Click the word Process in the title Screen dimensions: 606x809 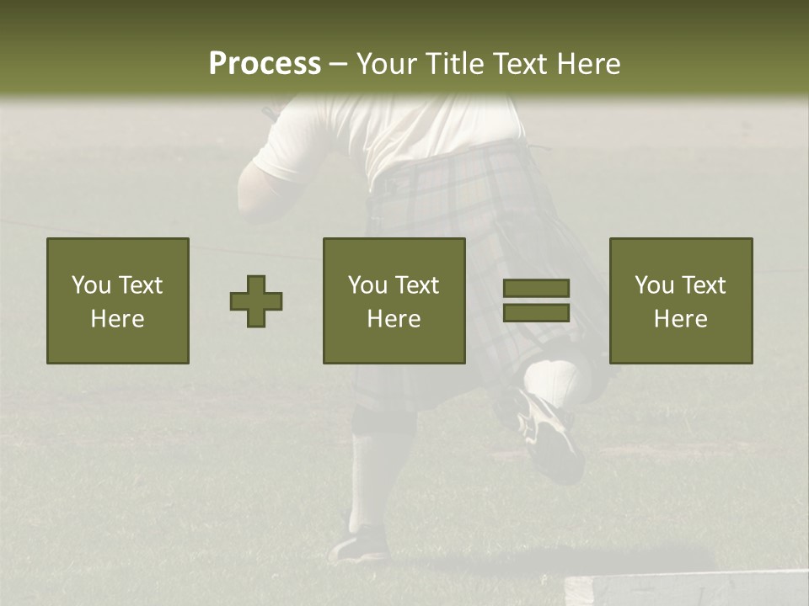pos(265,64)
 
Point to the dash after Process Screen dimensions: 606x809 pos(338,65)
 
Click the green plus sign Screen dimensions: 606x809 pos(256,301)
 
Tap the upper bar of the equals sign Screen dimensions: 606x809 pos(536,288)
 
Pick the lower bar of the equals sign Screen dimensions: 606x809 pos(536,313)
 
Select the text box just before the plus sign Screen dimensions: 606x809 pos(118,300)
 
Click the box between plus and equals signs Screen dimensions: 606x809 pos(394,300)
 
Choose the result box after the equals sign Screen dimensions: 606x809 pos(681,300)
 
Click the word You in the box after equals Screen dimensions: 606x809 pos(654,285)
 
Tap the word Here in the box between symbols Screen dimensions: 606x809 pos(394,319)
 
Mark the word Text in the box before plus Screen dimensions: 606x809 pos(141,285)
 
